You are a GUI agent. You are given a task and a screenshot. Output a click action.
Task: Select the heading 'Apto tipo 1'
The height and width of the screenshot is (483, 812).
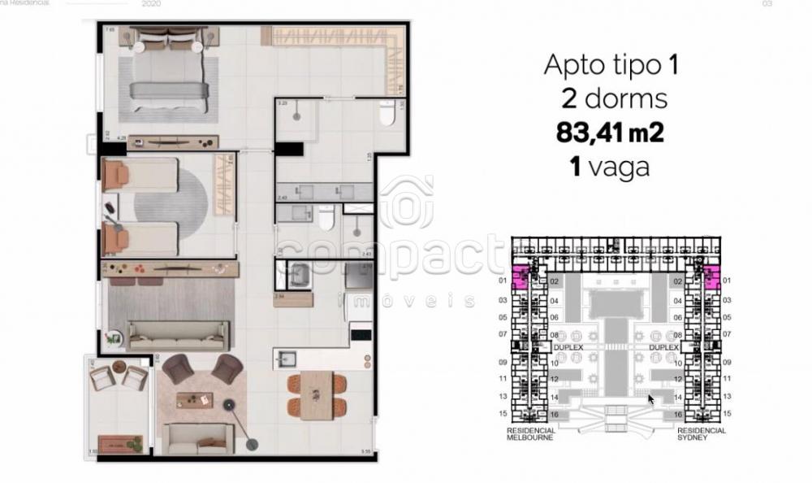point(610,65)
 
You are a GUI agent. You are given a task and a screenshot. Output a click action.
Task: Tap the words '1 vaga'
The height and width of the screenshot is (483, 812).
point(610,167)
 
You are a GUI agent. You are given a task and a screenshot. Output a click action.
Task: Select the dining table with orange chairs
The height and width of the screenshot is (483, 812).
point(317,394)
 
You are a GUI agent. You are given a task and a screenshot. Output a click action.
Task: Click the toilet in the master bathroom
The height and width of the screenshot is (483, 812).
point(388,115)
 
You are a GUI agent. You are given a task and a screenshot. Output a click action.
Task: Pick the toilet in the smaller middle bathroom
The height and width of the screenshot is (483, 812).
point(326,219)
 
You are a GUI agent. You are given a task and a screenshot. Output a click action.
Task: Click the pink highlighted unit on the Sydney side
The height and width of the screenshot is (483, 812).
point(712,279)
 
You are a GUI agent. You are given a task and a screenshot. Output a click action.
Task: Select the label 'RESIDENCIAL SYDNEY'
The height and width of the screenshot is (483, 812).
point(701,433)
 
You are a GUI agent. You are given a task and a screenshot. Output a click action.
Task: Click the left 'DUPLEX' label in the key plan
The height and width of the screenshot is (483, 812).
point(568,346)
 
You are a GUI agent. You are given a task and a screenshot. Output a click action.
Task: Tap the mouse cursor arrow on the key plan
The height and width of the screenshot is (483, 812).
point(651,399)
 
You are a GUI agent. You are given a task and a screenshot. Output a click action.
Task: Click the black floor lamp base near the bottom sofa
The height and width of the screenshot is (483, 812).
point(253,443)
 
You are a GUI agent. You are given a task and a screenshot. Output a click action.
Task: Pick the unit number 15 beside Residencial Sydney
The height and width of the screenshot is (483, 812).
point(727,414)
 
